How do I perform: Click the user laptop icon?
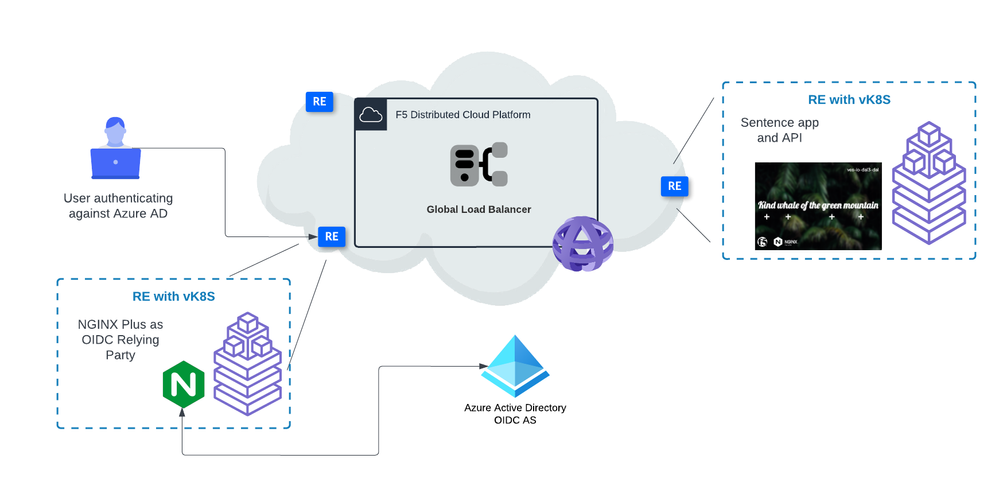pyautogui.click(x=115, y=149)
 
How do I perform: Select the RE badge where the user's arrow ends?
pyautogui.click(x=331, y=237)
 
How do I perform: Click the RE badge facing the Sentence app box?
pyautogui.click(x=675, y=185)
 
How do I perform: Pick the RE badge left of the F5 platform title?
pyautogui.click(x=319, y=101)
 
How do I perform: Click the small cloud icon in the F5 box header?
pyautogui.click(x=372, y=114)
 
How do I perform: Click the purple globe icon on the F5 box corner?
pyautogui.click(x=583, y=243)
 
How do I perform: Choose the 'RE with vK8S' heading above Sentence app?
pyautogui.click(x=849, y=100)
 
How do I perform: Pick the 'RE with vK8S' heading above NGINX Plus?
pyautogui.click(x=174, y=296)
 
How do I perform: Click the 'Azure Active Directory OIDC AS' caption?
pyautogui.click(x=515, y=413)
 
